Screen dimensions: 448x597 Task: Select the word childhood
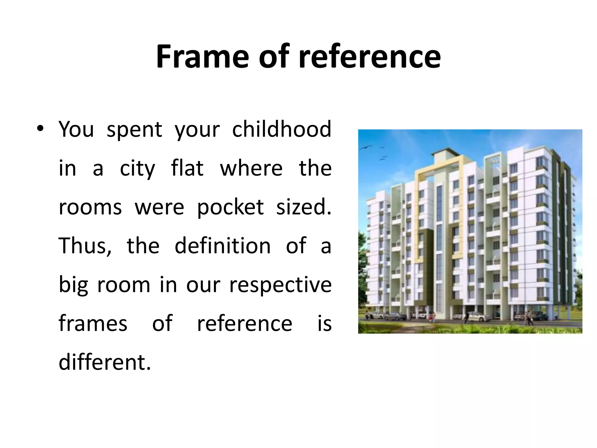(x=282, y=129)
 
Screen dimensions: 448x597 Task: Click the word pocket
(x=230, y=208)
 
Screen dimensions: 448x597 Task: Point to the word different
(x=105, y=362)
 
